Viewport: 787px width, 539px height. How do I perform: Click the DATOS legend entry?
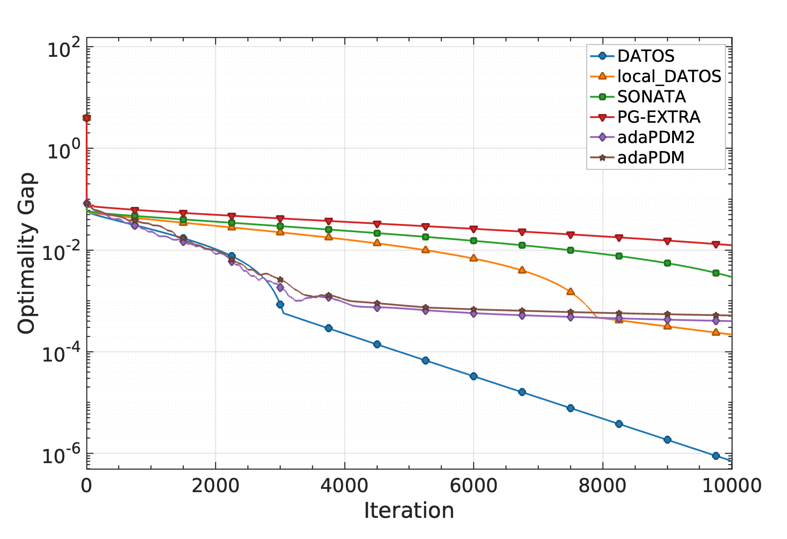pos(645,56)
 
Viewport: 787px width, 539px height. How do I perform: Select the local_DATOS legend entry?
pos(669,76)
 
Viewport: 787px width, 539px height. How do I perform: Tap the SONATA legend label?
pos(652,97)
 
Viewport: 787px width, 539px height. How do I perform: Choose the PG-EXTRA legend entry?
pos(659,117)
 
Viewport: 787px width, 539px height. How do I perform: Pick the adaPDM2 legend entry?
pos(656,137)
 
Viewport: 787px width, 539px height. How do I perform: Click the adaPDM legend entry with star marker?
pos(650,158)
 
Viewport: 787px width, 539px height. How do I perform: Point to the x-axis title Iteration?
pos(409,510)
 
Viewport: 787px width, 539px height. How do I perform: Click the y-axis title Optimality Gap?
pos(27,253)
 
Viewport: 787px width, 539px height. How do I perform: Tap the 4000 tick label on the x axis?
pos(344,486)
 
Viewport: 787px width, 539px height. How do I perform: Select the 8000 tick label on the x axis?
pos(602,486)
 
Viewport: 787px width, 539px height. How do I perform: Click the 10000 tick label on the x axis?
pos(731,486)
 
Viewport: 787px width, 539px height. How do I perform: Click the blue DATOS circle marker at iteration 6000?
pos(473,376)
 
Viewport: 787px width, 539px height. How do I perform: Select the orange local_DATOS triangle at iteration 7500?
pos(570,292)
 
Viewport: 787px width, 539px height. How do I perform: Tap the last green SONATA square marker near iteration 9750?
pos(716,273)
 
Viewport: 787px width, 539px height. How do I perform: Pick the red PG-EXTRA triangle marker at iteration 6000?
pos(473,229)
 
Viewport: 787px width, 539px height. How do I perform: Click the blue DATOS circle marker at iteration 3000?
pos(280,305)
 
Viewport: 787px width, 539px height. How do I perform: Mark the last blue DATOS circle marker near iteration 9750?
pos(716,456)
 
